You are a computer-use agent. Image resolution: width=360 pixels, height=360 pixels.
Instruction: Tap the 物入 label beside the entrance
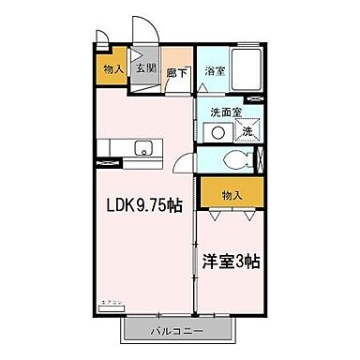(112, 68)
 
